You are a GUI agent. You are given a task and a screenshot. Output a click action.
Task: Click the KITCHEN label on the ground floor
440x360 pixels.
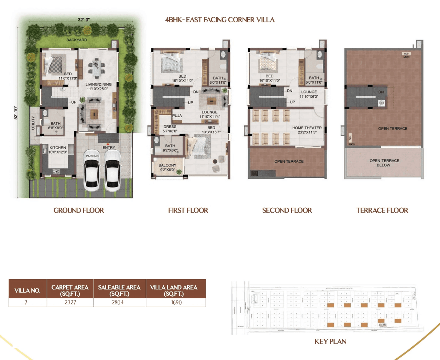[57, 148]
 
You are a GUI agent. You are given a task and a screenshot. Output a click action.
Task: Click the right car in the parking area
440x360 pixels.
[112, 171]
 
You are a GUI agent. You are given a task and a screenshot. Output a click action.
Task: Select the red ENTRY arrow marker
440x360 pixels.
[108, 144]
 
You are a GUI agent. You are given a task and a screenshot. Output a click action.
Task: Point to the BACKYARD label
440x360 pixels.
[77, 40]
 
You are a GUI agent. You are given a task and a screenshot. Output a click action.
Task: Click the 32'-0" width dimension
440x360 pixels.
[84, 20]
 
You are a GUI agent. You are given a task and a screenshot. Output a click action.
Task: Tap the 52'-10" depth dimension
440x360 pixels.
[16, 112]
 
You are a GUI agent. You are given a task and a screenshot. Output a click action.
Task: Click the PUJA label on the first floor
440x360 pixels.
[177, 116]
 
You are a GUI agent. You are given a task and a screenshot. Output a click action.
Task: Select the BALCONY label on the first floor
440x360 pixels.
[167, 165]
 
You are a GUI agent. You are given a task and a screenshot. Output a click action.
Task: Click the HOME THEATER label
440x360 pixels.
[307, 128]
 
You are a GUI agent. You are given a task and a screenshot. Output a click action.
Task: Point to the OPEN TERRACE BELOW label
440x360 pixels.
[384, 163]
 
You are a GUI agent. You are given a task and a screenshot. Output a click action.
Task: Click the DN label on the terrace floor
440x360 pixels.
[381, 92]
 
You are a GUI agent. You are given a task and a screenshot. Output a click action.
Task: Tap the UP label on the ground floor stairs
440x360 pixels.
[74, 102]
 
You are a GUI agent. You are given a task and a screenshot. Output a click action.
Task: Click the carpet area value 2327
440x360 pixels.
[70, 302]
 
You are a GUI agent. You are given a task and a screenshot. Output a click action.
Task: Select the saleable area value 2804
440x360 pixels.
[118, 302]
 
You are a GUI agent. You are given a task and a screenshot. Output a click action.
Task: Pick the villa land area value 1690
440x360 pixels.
[176, 302]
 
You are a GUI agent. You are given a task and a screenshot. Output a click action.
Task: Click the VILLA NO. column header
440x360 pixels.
[27, 291]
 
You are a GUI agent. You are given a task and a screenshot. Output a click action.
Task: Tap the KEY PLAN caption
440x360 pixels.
[330, 341]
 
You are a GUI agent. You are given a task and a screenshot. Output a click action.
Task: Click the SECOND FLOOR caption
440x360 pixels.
[287, 210]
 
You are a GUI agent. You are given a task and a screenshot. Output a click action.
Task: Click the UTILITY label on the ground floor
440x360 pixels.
[33, 123]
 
